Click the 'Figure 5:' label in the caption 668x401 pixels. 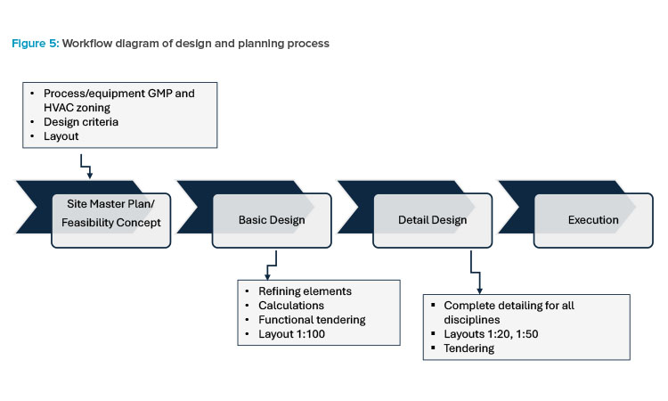35,44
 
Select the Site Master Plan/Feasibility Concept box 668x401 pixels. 110,215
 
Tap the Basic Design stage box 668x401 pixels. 271,219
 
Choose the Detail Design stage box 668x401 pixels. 431,219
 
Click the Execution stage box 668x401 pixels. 592,219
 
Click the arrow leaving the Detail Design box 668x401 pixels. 474,273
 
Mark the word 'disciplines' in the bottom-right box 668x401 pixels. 475,320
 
